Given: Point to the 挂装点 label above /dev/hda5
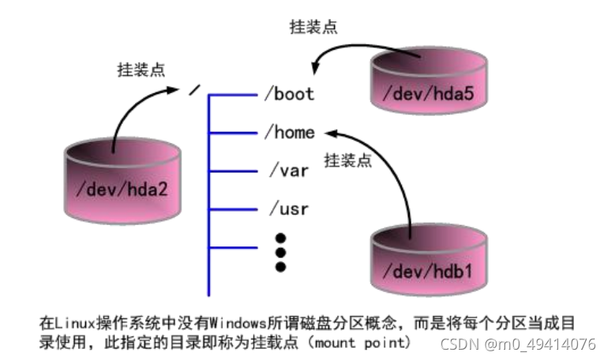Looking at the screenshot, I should pyautogui.click(x=313, y=27).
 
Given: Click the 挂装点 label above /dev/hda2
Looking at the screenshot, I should pyautogui.click(x=141, y=68).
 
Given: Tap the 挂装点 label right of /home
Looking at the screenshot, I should pyautogui.click(x=347, y=160).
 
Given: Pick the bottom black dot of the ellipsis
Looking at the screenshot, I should pyautogui.click(x=280, y=267).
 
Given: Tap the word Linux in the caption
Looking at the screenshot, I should pyautogui.click(x=69, y=323).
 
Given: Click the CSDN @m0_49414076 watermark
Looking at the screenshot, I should pyautogui.click(x=518, y=344).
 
